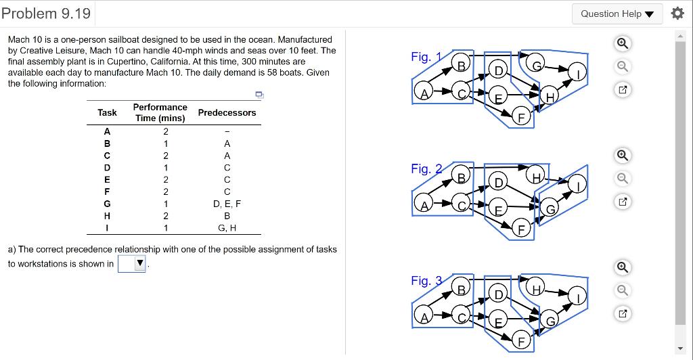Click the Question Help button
(617, 14)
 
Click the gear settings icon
(677, 14)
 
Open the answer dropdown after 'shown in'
(133, 264)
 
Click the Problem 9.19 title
(46, 14)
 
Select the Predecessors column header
(227, 113)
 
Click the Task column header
(107, 113)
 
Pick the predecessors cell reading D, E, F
(227, 203)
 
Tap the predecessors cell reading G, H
(227, 227)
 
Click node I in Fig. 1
(577, 72)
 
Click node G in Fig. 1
(535, 64)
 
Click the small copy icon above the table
(259, 95)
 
